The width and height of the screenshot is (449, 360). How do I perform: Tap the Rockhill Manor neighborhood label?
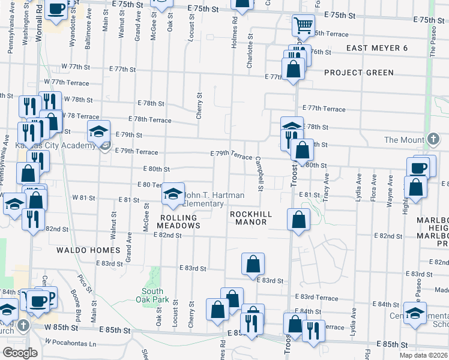click(x=251, y=218)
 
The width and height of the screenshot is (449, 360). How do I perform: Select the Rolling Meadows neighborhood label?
click(x=178, y=221)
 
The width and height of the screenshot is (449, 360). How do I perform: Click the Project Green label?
click(x=359, y=73)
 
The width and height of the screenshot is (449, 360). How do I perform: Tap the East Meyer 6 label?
click(x=378, y=48)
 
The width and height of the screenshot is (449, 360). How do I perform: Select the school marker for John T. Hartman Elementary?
click(x=173, y=194)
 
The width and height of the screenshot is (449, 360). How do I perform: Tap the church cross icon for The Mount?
click(x=432, y=140)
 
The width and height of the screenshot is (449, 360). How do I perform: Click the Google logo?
click(x=20, y=353)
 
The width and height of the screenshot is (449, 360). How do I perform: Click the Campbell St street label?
click(x=259, y=175)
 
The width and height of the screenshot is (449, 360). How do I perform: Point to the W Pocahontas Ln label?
click(x=70, y=343)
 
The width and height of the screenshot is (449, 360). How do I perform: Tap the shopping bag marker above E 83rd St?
click(x=253, y=263)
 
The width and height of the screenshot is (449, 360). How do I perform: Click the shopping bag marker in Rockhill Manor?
click(x=298, y=220)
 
